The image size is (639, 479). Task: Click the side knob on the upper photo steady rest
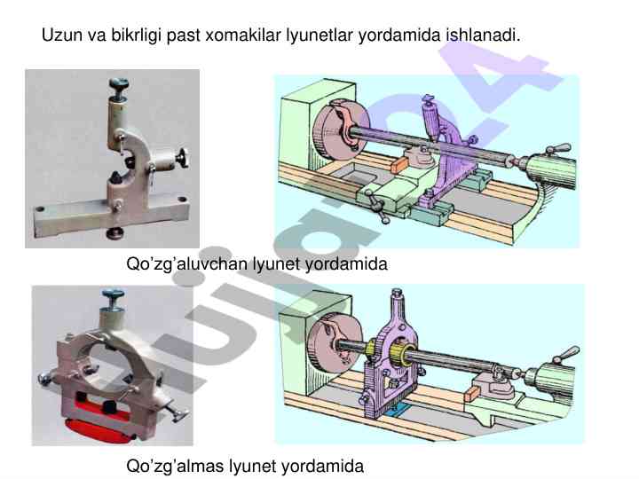point(181,158)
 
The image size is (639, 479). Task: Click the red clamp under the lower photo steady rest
point(98,426)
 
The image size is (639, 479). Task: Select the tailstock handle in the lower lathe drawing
point(565,354)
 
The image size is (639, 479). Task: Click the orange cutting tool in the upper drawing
point(399,164)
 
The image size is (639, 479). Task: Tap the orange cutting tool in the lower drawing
point(470,393)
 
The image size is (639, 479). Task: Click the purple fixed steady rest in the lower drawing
point(390,354)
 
